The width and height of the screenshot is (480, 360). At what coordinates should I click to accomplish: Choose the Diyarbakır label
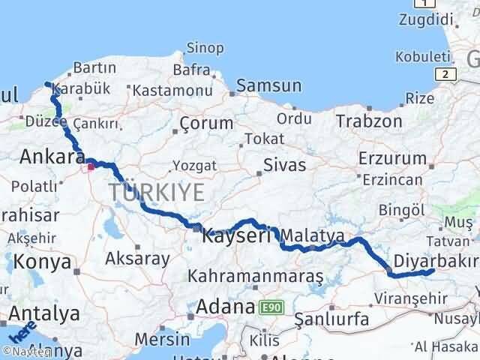point(439,260)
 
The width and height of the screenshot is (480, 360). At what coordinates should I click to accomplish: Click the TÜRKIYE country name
point(156,192)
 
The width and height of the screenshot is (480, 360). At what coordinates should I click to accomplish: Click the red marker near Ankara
point(91,166)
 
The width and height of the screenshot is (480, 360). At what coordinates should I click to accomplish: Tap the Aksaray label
point(138,257)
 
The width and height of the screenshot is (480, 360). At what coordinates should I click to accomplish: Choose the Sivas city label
point(284,164)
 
